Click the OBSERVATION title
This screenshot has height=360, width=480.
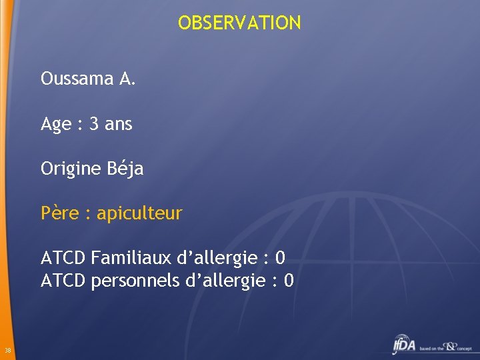pos(239,23)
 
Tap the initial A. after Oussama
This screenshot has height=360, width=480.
pos(127,79)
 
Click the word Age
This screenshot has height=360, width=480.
pos(55,125)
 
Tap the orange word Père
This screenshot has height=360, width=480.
pos(59,214)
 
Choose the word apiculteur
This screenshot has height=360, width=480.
pos(139,214)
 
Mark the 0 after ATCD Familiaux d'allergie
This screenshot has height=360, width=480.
pos(280,258)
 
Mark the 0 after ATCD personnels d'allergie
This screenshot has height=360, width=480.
pos(288,281)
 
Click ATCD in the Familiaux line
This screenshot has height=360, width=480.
pos(63,258)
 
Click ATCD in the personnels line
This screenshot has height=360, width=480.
pos(63,281)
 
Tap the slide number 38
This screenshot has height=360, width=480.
pos(7,351)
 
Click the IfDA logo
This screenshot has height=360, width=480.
pos(404,345)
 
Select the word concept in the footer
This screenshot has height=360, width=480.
pos(464,349)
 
